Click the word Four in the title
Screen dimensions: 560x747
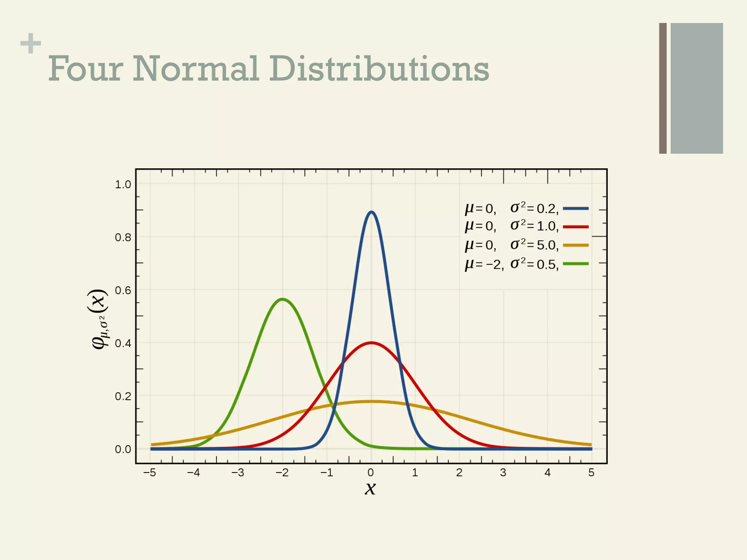[x=86, y=69]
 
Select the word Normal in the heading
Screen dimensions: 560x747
[x=196, y=69]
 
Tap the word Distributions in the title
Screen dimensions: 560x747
[x=379, y=69]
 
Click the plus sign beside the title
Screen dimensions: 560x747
[x=31, y=43]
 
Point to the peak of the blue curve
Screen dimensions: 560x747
[x=371, y=212]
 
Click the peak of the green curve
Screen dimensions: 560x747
[x=283, y=299]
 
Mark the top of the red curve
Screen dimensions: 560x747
[x=371, y=343]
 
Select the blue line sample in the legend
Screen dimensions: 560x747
[x=576, y=209]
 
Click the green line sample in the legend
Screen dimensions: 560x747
[x=576, y=264]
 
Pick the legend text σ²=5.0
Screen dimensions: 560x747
[x=534, y=245]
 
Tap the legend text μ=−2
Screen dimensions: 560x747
[x=484, y=264]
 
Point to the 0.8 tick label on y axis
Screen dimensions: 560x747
[x=123, y=238]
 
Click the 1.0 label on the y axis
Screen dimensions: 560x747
[x=123, y=185]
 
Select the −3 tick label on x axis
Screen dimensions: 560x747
[x=237, y=473]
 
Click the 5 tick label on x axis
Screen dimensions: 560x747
[x=591, y=473]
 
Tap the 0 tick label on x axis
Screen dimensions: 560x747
[x=371, y=473]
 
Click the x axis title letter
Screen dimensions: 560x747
[x=370, y=488]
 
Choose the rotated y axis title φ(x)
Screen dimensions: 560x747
[x=99, y=319]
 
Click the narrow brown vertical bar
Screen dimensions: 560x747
[x=663, y=88]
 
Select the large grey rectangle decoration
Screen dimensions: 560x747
[x=697, y=88]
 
